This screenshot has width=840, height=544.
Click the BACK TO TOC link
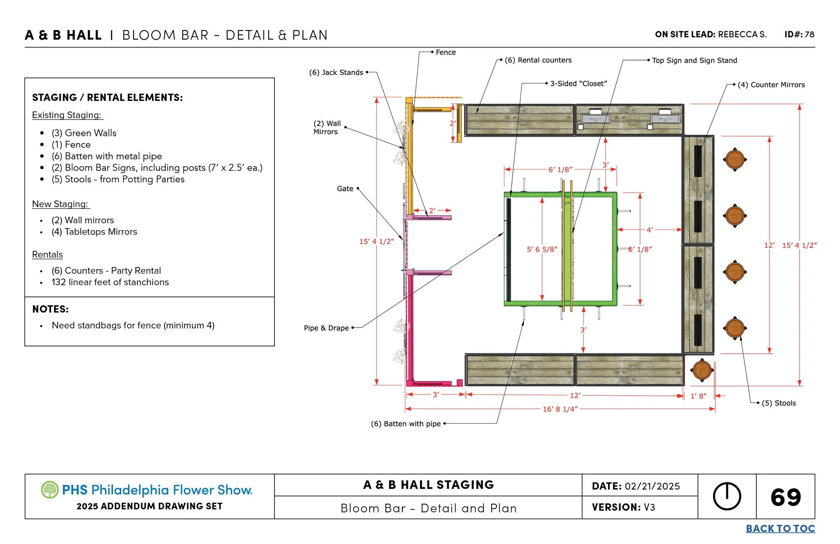(x=780, y=529)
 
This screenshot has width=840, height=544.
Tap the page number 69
(x=786, y=497)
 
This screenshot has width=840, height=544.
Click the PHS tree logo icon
(x=49, y=490)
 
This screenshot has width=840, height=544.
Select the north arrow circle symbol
(x=727, y=496)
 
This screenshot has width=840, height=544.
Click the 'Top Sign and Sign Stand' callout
(x=694, y=61)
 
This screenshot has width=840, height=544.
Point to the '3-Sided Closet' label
(x=578, y=84)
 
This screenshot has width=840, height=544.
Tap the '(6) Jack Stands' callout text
(x=336, y=72)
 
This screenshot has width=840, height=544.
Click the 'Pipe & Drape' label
(x=326, y=328)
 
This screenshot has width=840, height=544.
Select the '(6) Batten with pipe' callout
(x=406, y=424)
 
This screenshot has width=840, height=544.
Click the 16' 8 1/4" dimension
(x=560, y=409)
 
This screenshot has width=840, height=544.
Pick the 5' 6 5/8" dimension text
(x=542, y=249)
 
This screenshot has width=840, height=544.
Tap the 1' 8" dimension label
(x=698, y=396)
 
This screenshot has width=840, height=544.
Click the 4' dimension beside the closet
(x=649, y=230)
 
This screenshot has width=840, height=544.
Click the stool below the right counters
(x=702, y=370)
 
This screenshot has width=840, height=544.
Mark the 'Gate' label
(x=345, y=189)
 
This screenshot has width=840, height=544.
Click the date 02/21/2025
(x=652, y=487)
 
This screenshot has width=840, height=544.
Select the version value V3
(x=649, y=507)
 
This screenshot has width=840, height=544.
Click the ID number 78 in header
(x=809, y=35)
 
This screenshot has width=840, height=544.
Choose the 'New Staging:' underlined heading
(x=60, y=204)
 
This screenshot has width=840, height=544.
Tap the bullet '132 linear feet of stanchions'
(x=110, y=282)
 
